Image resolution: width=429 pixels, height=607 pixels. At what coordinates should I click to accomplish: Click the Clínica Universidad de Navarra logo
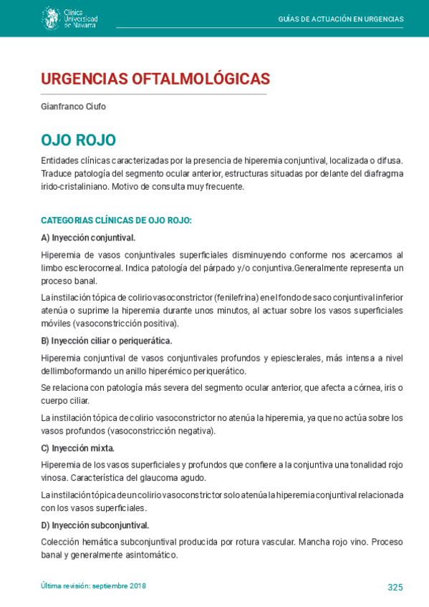[69, 18]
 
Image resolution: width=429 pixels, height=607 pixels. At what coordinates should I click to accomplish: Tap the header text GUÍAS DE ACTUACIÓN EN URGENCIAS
[340, 19]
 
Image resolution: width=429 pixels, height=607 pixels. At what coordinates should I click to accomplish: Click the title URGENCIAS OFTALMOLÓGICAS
[155, 79]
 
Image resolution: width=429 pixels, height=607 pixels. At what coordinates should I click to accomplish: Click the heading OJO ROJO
[78, 140]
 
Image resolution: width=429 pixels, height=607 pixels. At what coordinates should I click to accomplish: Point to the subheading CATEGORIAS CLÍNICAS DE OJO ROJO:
[116, 220]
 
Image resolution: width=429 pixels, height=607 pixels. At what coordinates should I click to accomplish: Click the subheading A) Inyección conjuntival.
[88, 238]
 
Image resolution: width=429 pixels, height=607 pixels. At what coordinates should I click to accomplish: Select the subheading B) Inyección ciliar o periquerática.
[106, 341]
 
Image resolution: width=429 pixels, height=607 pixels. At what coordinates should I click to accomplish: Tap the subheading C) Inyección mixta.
[77, 448]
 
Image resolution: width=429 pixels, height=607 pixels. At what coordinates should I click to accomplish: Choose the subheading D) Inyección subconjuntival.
[95, 525]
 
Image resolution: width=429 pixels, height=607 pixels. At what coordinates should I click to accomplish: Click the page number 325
[395, 587]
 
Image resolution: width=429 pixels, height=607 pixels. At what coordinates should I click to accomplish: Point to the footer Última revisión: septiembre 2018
[93, 586]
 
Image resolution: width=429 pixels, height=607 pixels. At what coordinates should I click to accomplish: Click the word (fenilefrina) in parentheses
[240, 297]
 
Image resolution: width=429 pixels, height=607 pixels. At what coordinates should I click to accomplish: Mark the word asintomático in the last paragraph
[153, 555]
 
